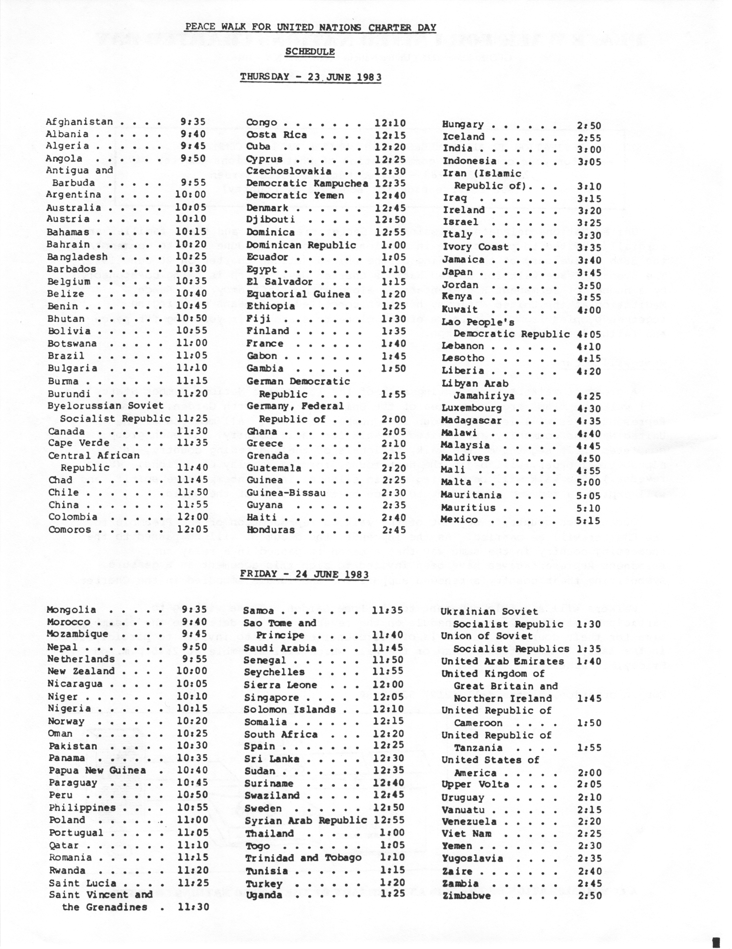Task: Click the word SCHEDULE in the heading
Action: click(x=310, y=52)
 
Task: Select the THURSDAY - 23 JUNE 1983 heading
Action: click(x=311, y=77)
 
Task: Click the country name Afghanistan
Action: click(x=79, y=122)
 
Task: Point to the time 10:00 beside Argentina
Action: click(x=191, y=194)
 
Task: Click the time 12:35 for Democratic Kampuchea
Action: click(x=390, y=183)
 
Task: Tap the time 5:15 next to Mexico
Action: click(x=588, y=520)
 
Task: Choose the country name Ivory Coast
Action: click(x=475, y=247)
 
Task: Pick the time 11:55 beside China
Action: click(x=192, y=505)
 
